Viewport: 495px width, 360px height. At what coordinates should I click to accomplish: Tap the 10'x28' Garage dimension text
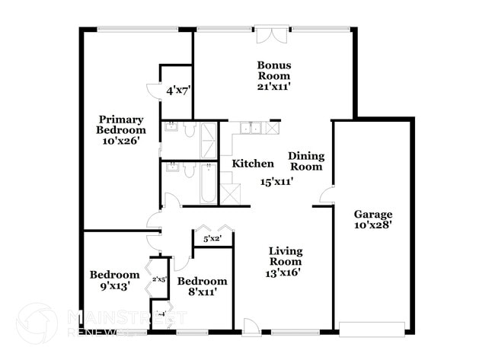[372, 225]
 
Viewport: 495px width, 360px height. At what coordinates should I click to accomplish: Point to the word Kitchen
[253, 164]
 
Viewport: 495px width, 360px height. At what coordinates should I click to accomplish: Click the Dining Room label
[306, 161]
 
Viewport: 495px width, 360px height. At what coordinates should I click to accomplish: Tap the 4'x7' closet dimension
[178, 90]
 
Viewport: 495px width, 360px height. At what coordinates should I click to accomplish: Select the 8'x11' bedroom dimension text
[203, 292]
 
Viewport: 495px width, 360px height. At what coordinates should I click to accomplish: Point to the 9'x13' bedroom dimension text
[114, 286]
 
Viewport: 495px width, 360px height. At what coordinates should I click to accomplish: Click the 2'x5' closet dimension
[159, 280]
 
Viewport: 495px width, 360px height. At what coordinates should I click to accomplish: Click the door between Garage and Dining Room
[326, 196]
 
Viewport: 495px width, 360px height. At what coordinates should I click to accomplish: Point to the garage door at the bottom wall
[371, 329]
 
